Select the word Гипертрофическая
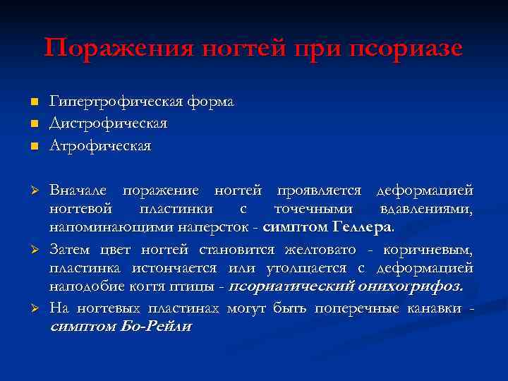[116, 102]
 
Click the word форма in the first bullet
[210, 102]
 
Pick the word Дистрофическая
[108, 123]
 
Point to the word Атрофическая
[100, 145]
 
